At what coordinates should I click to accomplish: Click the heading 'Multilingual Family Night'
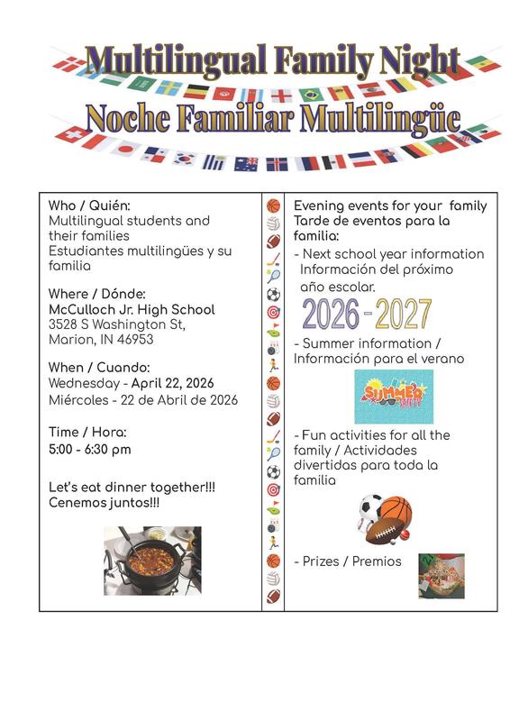click(272, 60)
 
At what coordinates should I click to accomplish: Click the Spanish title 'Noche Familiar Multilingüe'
click(273, 117)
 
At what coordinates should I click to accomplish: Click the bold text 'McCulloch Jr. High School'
click(132, 309)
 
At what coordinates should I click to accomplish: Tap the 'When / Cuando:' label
click(99, 368)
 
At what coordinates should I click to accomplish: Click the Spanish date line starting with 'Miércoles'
click(143, 399)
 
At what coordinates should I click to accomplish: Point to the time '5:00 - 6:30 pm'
click(89, 449)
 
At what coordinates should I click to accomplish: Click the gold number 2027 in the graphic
click(403, 313)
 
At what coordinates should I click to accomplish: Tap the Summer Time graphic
click(393, 397)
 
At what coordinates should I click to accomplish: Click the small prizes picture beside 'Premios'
click(441, 576)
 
